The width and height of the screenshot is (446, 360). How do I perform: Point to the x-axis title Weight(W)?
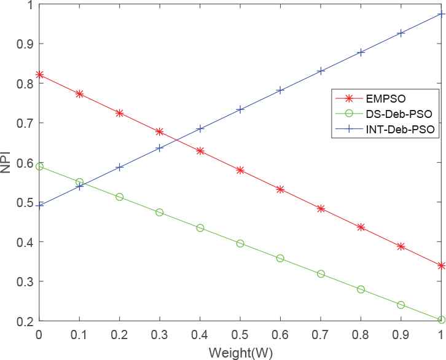pyautogui.click(x=240, y=353)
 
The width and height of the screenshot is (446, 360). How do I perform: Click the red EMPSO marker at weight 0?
pyautogui.click(x=40, y=74)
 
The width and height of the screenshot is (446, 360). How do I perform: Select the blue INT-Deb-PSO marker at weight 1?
pyautogui.click(x=441, y=14)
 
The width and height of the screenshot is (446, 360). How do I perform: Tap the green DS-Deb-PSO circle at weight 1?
pyautogui.click(x=441, y=319)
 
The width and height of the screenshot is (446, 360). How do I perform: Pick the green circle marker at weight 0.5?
pyautogui.click(x=240, y=243)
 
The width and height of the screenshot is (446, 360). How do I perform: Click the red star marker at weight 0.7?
pyautogui.click(x=321, y=209)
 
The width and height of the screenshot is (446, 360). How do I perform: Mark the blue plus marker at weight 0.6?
pyautogui.click(x=281, y=90)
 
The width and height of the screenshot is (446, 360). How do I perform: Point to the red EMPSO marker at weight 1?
pyautogui.click(x=441, y=265)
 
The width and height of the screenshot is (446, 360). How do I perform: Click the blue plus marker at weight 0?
pyautogui.click(x=40, y=206)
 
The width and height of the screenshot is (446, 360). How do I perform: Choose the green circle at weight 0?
pyautogui.click(x=40, y=166)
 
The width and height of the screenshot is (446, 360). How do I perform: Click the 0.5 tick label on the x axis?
pyautogui.click(x=240, y=335)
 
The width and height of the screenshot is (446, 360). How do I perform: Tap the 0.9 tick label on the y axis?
pyautogui.click(x=25, y=44)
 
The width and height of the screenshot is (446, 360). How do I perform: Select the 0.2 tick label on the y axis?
pyautogui.click(x=25, y=321)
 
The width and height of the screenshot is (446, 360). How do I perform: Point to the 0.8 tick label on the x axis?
pyautogui.click(x=361, y=335)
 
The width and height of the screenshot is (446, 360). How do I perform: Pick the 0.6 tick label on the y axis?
pyautogui.click(x=25, y=162)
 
